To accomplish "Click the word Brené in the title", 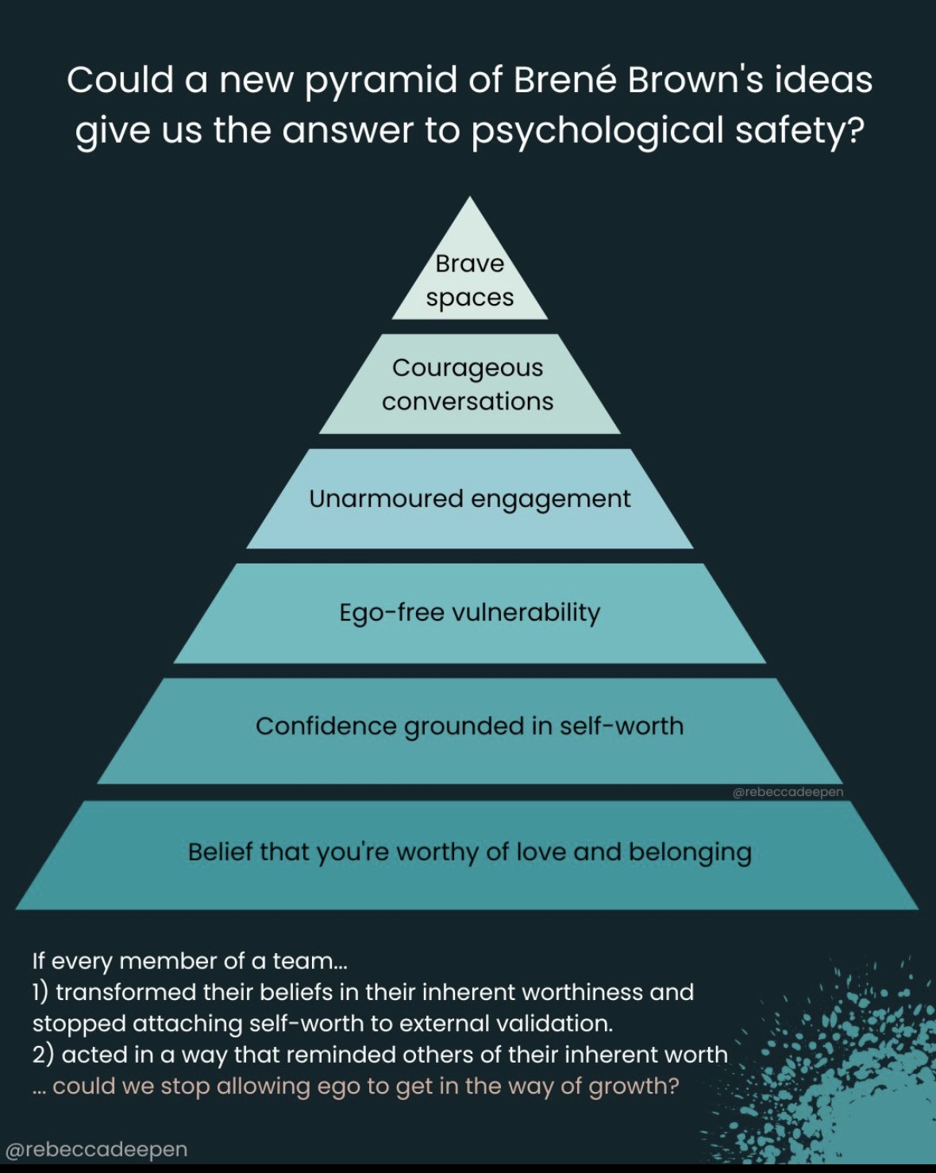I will (564, 80).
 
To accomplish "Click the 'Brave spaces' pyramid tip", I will (470, 280).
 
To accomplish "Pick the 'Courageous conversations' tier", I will (468, 385).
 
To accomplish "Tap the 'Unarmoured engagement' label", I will (469, 499).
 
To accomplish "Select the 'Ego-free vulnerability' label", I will (469, 613).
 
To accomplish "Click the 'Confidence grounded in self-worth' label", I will (469, 726).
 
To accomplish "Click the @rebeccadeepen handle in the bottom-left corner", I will (96, 1149).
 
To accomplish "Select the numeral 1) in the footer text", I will (40, 992).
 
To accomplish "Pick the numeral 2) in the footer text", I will (43, 1055).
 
